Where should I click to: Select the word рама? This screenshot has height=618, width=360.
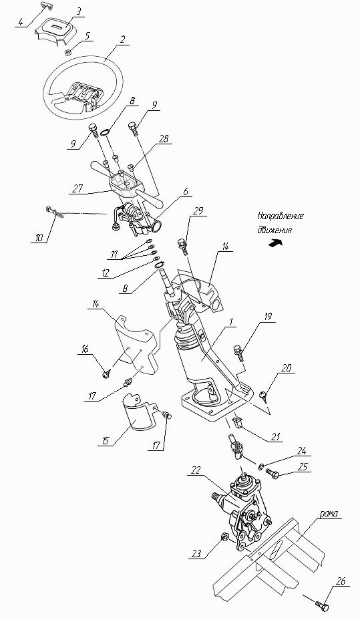point(329,514)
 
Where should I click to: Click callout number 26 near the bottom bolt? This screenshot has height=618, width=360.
point(341,581)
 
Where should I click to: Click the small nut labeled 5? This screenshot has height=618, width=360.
point(67,51)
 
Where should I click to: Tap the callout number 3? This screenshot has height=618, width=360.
point(79,11)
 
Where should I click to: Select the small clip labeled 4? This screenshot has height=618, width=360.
point(47,5)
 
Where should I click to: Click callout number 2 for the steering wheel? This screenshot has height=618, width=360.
point(123,39)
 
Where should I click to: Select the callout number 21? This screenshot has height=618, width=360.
point(275,436)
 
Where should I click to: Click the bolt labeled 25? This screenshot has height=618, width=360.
point(273,472)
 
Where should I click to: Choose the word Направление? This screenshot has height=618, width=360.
point(281,216)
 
